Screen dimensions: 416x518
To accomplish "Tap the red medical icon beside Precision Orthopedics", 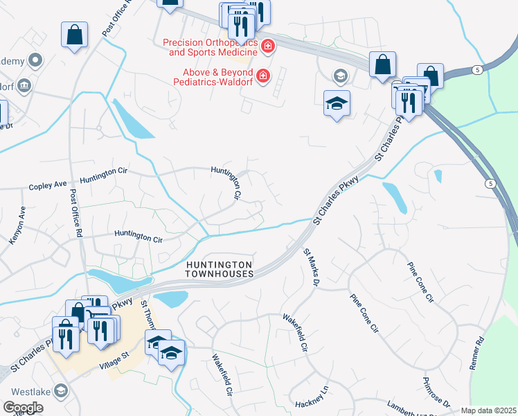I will (x=268, y=47).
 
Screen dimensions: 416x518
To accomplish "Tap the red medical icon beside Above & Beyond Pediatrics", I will (x=262, y=76).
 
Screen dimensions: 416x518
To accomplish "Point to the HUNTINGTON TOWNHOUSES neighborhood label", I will (x=219, y=269).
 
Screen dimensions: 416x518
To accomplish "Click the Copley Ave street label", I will (x=47, y=185).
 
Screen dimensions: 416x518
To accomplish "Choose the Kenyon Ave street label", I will (x=17, y=225).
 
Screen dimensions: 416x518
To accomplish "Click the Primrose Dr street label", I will (x=436, y=393).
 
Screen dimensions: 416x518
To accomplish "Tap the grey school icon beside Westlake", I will (x=61, y=392).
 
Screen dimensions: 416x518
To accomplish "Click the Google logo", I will (x=23, y=408).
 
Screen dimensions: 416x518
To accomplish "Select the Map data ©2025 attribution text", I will (x=488, y=410).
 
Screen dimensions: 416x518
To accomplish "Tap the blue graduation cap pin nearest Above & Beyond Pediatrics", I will (x=337, y=104).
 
